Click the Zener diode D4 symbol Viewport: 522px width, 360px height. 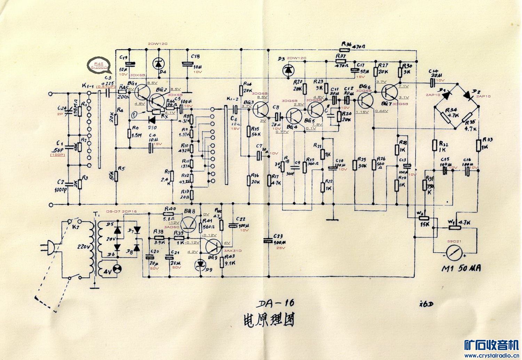tap(159, 64)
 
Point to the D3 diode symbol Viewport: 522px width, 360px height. tap(288, 71)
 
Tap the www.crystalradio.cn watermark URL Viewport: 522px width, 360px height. tap(491, 355)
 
